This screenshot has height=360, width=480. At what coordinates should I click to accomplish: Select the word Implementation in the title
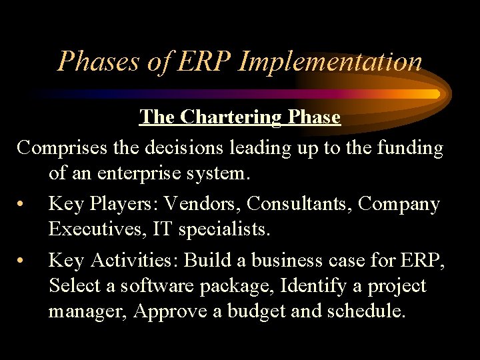click(330, 61)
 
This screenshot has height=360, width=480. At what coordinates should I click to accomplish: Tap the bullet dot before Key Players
click(23, 204)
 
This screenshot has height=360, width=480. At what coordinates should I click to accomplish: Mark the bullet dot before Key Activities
click(23, 260)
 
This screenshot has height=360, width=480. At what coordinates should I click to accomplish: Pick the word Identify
click(316, 287)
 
